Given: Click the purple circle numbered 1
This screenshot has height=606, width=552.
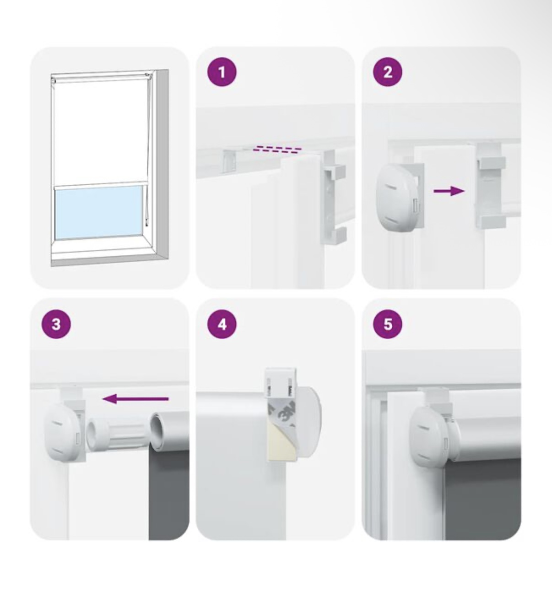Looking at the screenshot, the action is (x=222, y=73).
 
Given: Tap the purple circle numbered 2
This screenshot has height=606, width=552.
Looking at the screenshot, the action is (x=388, y=73).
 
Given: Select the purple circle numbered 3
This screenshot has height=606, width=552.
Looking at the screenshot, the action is (x=56, y=324).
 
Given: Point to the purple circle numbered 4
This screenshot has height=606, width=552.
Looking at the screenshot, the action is (x=222, y=324).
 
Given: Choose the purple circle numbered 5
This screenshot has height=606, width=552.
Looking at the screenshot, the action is (x=388, y=324).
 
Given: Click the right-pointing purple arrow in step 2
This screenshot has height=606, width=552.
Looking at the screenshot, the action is (x=449, y=191).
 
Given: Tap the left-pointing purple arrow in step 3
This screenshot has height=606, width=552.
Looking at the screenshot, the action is (x=135, y=399).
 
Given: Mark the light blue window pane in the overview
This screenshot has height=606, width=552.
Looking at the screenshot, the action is (x=98, y=213).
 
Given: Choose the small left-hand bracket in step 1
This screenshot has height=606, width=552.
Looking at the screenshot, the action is (x=228, y=162).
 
